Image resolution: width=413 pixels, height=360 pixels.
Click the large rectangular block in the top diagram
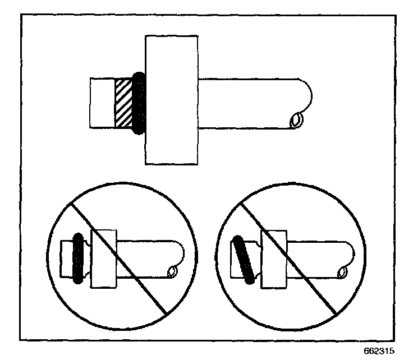click(171, 100)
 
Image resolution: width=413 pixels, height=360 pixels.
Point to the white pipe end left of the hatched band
click(102, 103)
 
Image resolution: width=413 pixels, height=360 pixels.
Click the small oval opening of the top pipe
click(296, 120)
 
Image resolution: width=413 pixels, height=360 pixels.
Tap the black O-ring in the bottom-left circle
click(79, 257)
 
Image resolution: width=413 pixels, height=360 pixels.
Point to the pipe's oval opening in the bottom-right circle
click(341, 273)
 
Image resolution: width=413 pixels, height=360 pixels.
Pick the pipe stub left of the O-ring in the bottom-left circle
click(66, 256)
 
